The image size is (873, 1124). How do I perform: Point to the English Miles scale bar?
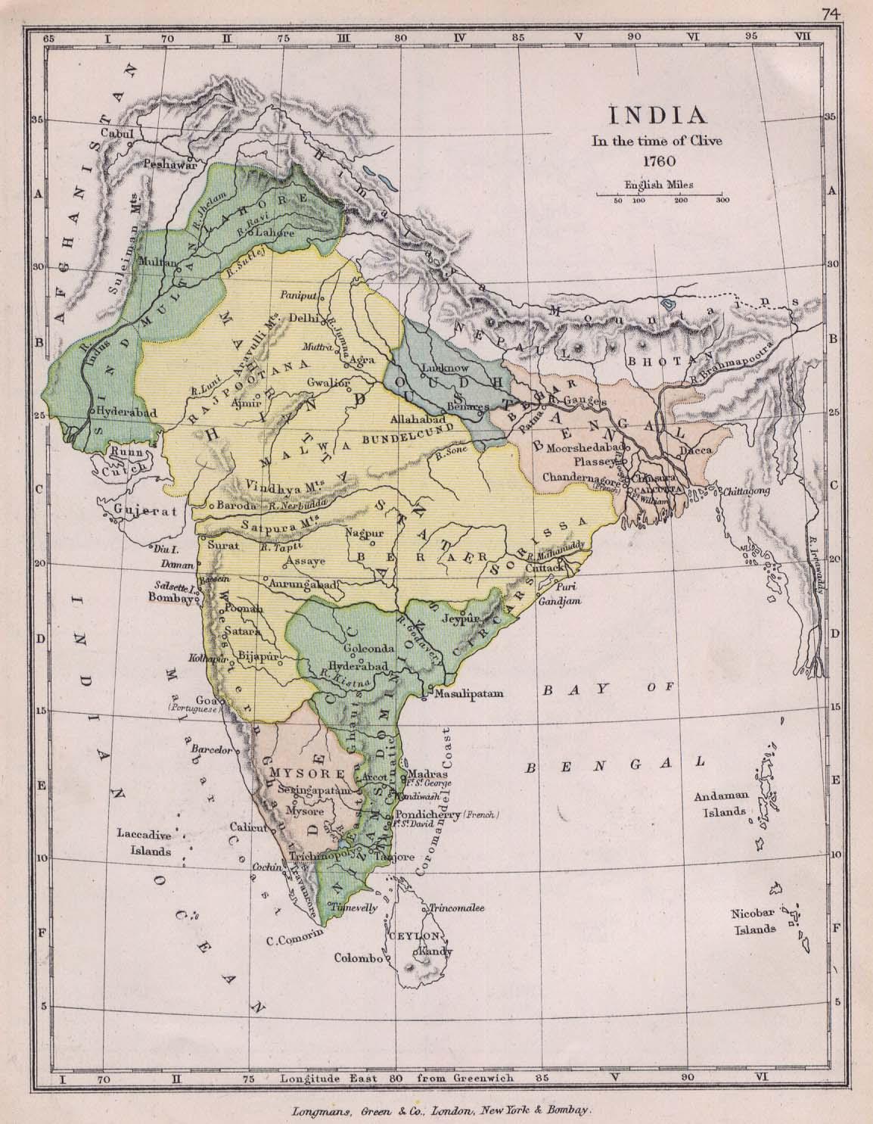659,195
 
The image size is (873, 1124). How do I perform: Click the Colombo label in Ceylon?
358,957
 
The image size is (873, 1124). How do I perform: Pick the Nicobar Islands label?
752,921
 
